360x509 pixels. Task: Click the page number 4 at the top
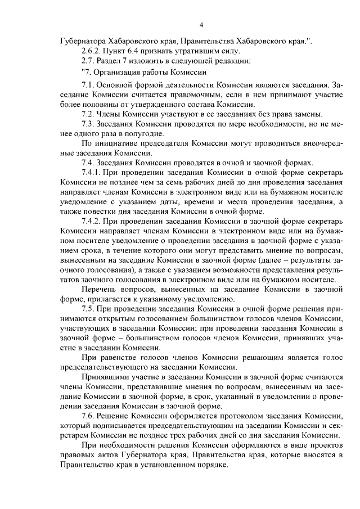coord(201,24)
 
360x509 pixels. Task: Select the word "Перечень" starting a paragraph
coord(100,289)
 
